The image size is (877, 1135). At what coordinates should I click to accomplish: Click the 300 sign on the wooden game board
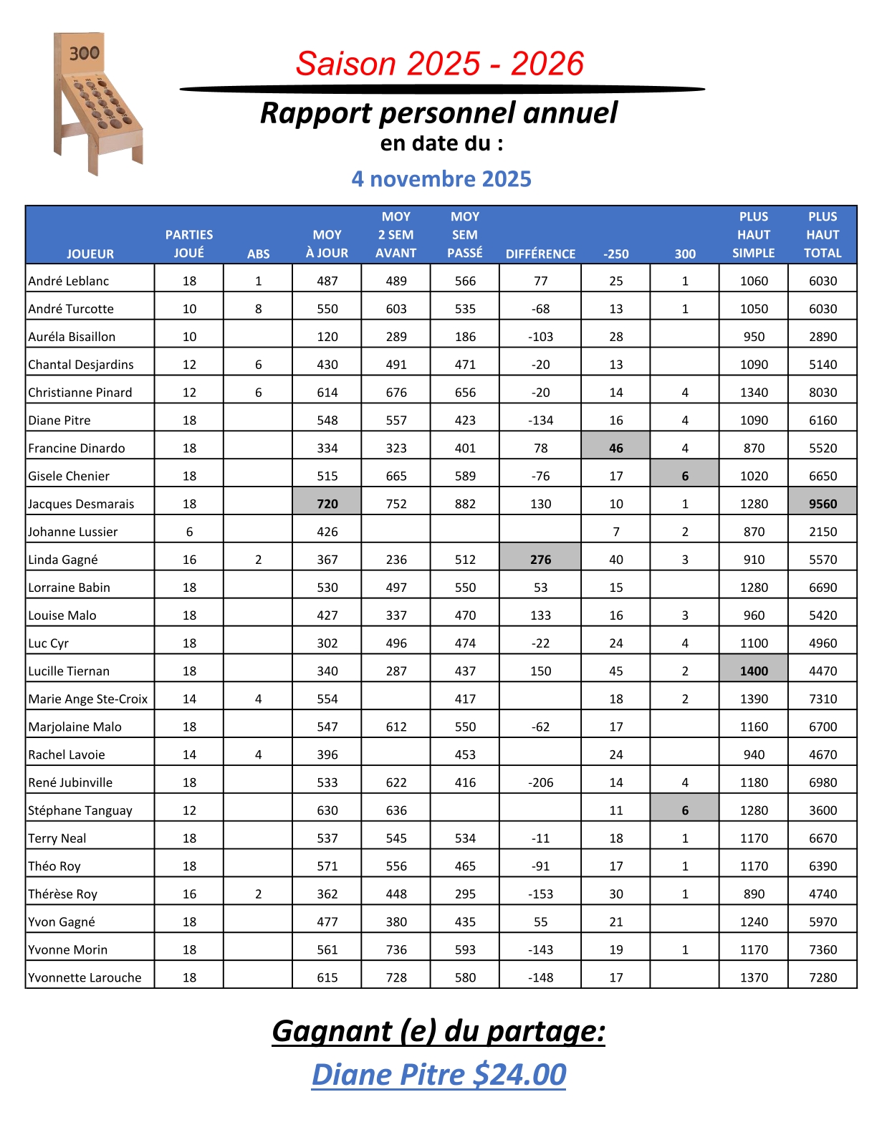[84, 53]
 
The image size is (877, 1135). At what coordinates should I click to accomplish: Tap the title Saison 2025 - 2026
[439, 64]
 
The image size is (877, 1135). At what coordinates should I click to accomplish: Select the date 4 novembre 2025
[441, 179]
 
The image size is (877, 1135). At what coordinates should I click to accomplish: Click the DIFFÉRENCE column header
[540, 254]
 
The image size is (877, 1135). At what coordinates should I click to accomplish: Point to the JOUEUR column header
[90, 254]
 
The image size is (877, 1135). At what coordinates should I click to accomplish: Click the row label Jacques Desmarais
[81, 504]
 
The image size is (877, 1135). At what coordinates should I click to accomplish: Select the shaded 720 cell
[327, 504]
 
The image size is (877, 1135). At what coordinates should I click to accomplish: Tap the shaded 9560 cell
[823, 504]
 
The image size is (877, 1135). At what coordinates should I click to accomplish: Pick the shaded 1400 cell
[754, 671]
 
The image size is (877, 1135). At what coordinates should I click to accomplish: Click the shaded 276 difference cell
[540, 560]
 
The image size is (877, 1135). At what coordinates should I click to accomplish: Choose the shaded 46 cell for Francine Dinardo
[616, 448]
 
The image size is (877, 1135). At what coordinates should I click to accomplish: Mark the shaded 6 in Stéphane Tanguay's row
[685, 810]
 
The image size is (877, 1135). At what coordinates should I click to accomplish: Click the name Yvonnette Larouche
[85, 977]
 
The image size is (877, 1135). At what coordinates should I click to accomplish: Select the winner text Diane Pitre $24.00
[438, 1075]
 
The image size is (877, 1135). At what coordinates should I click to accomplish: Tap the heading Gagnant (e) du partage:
[438, 1031]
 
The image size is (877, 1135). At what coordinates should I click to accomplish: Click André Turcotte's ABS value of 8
[259, 309]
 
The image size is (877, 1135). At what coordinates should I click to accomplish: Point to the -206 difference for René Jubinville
[540, 782]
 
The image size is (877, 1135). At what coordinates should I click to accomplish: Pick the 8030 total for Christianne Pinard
[823, 393]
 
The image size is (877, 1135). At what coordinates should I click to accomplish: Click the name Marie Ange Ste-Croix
[87, 699]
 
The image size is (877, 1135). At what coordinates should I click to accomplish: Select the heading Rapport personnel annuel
[438, 113]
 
